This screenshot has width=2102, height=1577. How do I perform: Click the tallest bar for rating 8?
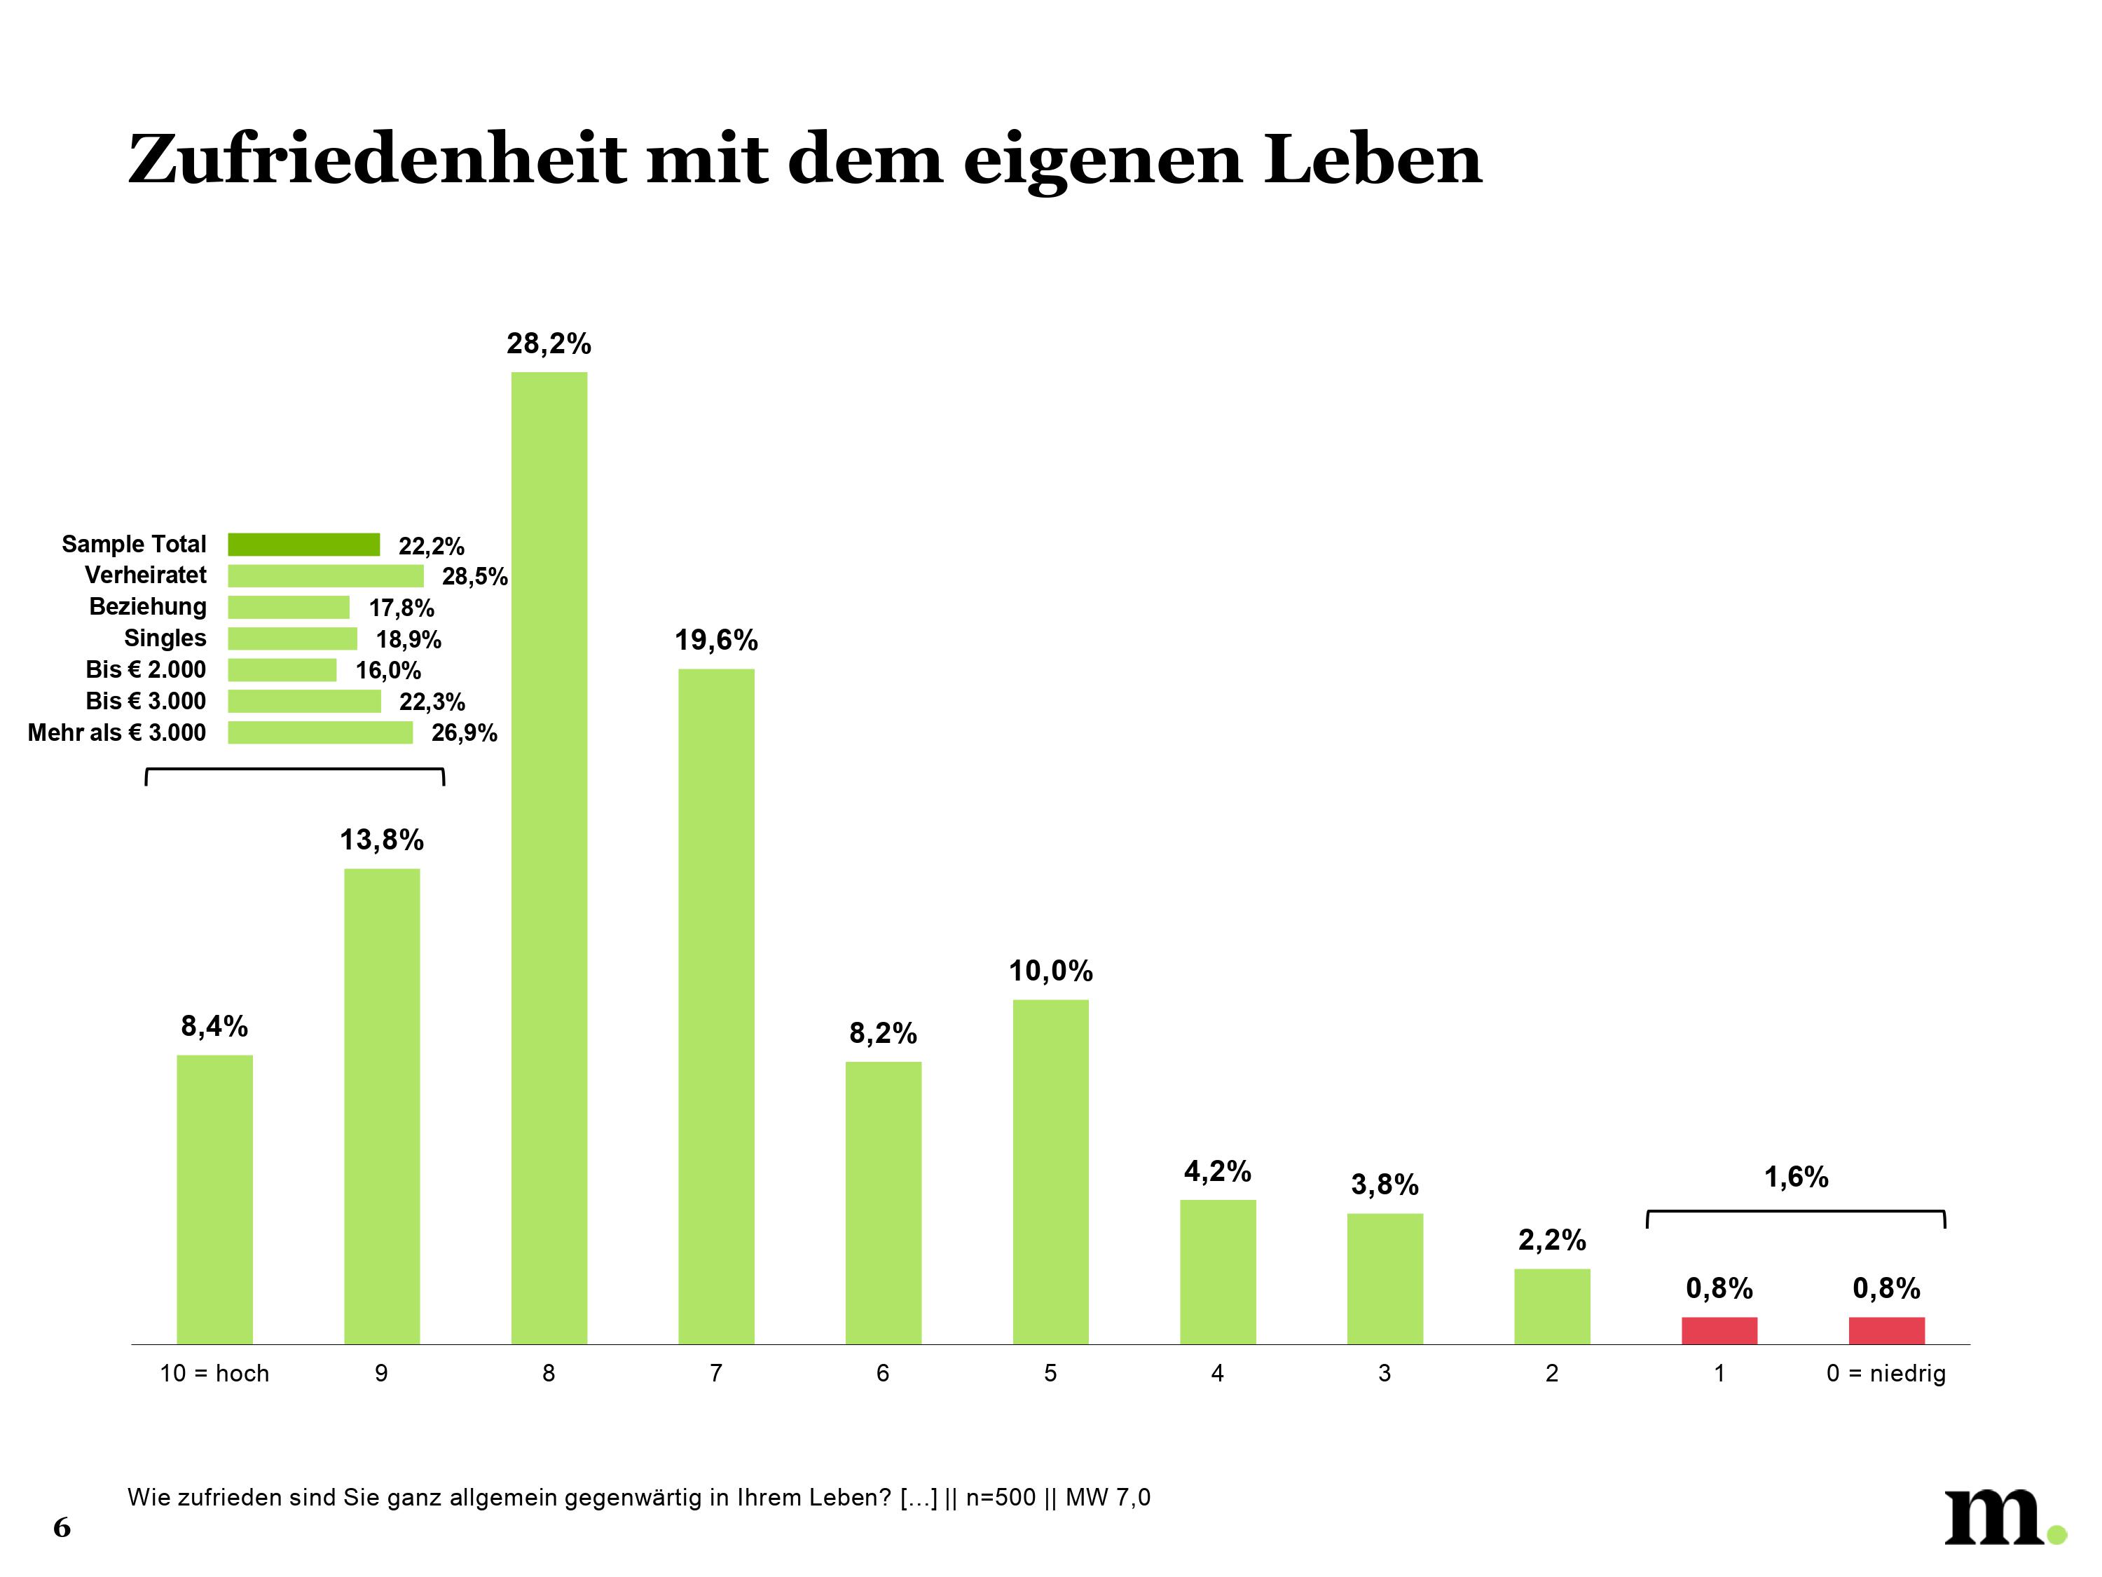tap(549, 856)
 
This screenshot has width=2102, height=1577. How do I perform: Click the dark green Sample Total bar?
tap(303, 545)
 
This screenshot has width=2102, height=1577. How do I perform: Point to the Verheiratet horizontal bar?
tap(325, 576)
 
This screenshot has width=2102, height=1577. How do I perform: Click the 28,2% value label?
tap(549, 344)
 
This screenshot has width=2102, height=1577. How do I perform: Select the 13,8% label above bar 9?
tap(382, 840)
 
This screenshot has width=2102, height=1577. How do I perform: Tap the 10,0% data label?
tap(1050, 971)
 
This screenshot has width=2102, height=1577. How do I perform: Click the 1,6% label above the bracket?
tap(1796, 1177)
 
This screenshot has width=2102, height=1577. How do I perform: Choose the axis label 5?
tap(1050, 1374)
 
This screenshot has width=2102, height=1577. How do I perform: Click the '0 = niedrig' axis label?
tap(1885, 1374)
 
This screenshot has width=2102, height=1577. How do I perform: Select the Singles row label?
tap(165, 638)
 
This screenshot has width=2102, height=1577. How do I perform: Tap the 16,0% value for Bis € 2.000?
tap(387, 671)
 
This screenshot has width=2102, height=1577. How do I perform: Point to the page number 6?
tap(62, 1527)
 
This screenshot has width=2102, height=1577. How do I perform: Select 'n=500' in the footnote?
tap(1000, 1498)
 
